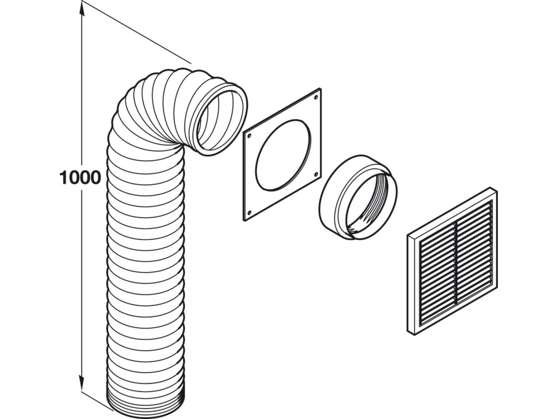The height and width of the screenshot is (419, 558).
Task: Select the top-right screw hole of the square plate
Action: (x=316, y=97)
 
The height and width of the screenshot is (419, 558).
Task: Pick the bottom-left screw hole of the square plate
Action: (x=249, y=213)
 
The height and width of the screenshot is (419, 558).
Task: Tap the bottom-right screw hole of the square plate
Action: (x=316, y=174)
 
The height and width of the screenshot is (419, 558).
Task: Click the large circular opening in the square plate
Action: (x=283, y=155)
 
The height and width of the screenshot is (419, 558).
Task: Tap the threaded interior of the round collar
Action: (x=369, y=203)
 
